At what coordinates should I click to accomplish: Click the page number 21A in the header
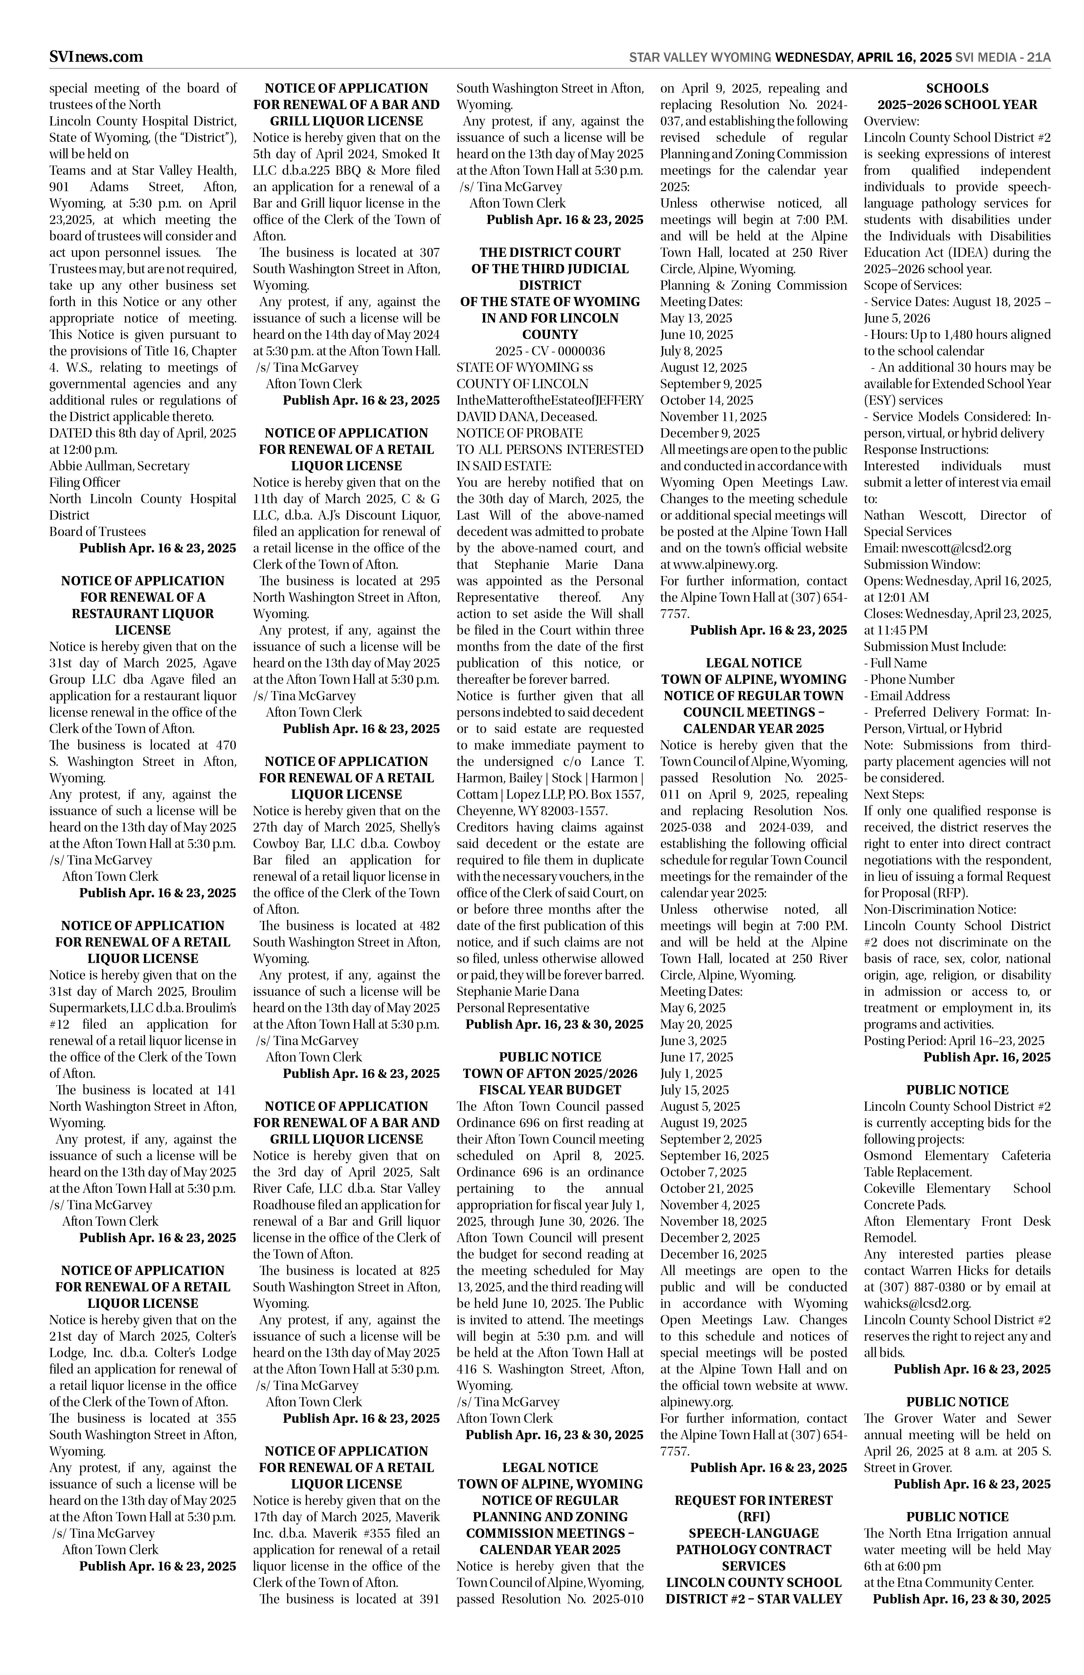1038,58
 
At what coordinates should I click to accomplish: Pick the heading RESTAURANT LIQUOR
143,614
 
